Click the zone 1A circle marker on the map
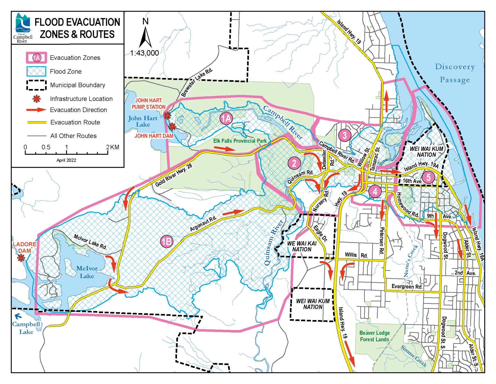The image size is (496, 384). coord(226,119)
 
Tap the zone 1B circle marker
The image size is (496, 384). coord(167,241)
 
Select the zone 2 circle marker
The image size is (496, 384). coord(294,163)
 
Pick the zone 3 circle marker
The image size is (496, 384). coord(344,135)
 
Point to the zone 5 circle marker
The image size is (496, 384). coord(428,177)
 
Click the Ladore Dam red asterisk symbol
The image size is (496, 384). coord(21,258)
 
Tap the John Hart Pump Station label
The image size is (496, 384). coord(149,104)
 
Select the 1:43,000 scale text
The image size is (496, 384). coord(144,53)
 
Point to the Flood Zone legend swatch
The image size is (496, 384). coord(36,71)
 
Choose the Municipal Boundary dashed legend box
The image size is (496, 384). coord(36,85)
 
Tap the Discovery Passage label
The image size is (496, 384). coord(455,73)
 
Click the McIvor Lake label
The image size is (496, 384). coord(87,272)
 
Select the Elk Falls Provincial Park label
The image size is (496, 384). coord(240,141)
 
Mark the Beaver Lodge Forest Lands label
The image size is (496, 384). coord(374,336)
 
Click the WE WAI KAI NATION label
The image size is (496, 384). coord(302,246)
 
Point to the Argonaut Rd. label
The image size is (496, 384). coord(203,224)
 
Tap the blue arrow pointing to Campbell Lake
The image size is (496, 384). coord(18,316)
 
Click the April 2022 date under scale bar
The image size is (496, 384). coord(66,160)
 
